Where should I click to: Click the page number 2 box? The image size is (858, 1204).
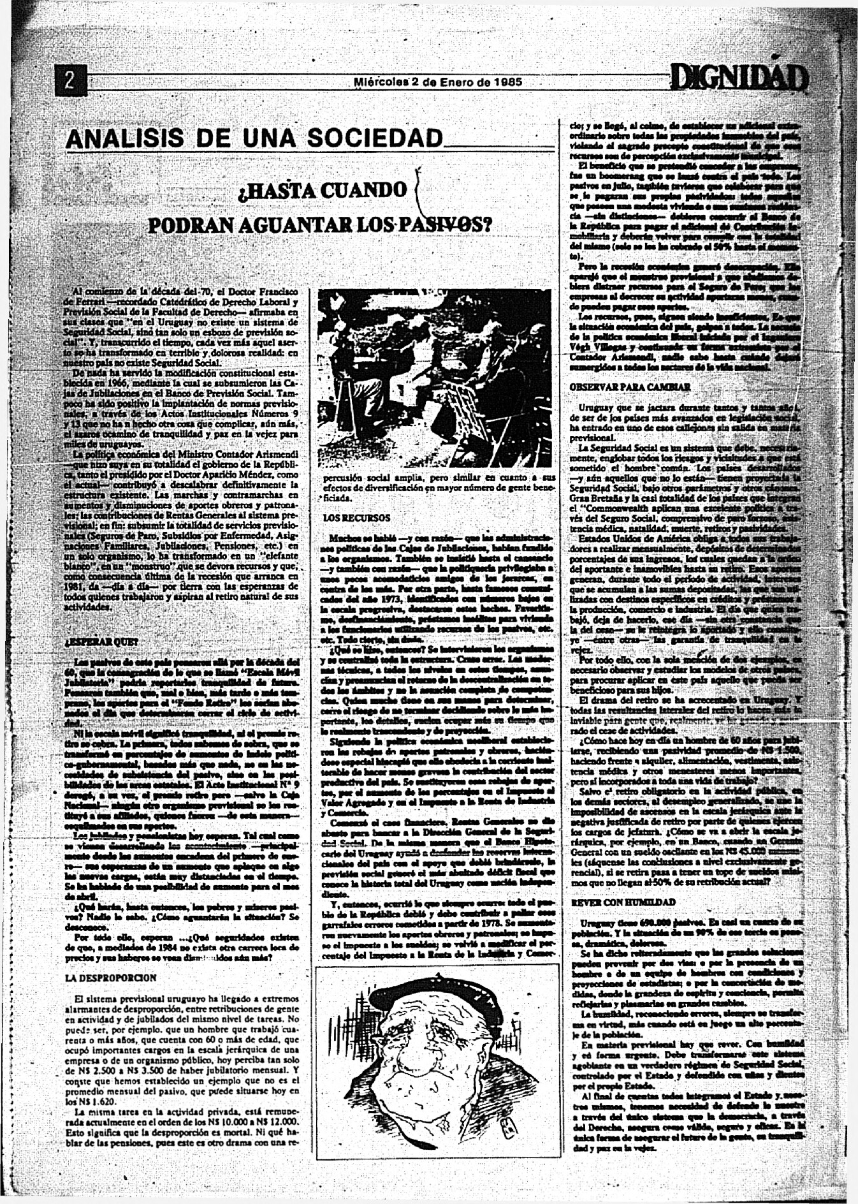71,81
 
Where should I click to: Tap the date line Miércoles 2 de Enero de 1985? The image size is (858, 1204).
438,82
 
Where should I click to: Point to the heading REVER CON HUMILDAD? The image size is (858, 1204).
623,902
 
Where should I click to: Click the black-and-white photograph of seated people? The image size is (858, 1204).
434,378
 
